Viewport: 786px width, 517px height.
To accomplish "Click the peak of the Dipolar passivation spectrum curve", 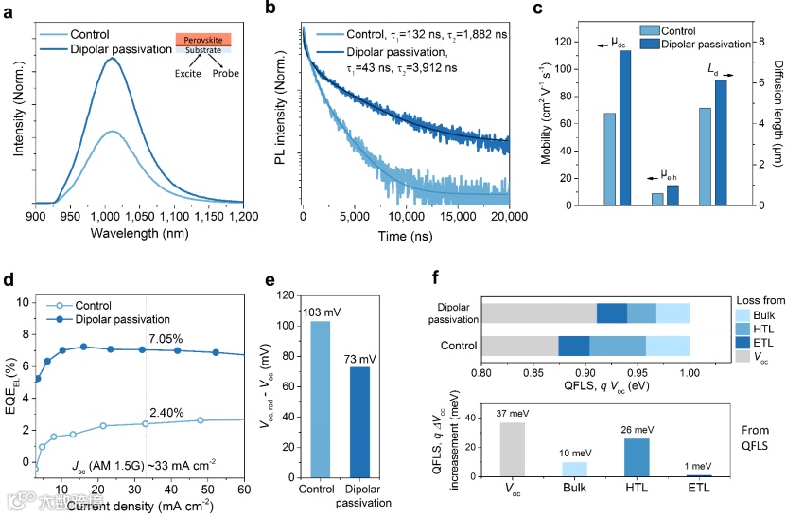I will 113,58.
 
